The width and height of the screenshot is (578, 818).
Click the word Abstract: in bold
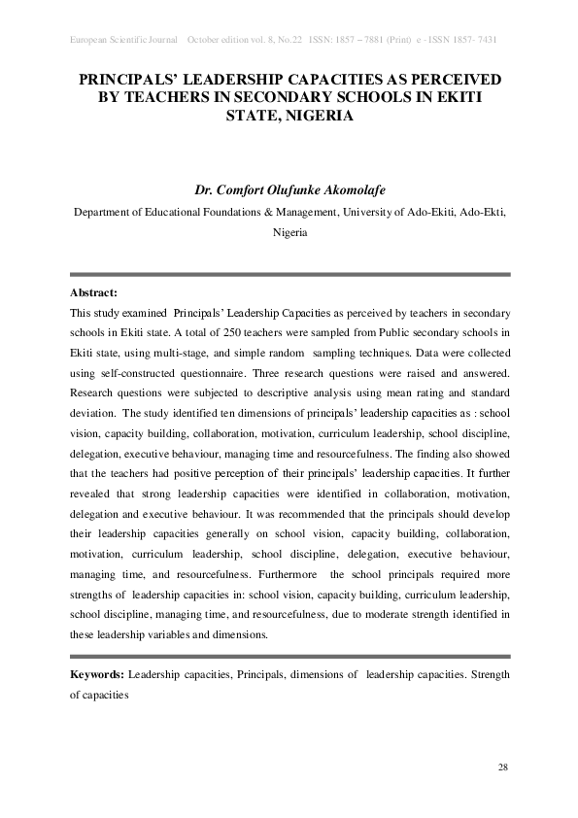(94, 292)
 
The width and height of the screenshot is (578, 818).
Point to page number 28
(502, 768)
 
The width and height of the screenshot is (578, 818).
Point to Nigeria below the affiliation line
(289, 233)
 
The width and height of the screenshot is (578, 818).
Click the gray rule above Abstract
(289, 275)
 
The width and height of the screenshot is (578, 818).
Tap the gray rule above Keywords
(289, 656)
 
